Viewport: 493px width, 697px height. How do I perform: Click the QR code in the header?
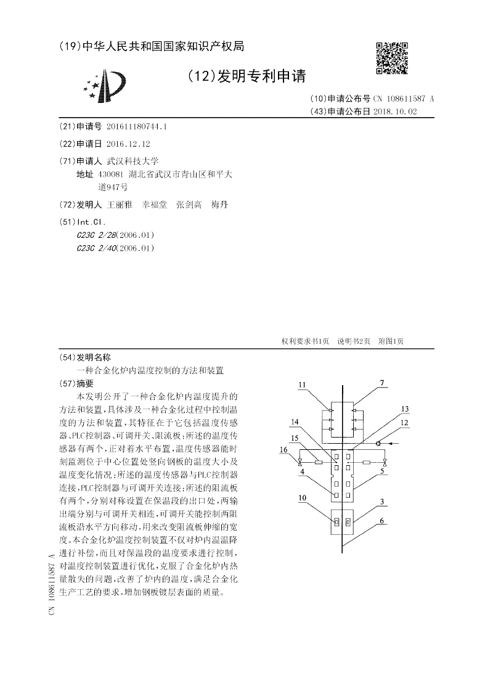click(x=391, y=58)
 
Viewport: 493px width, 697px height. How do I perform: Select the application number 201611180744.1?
click(x=137, y=126)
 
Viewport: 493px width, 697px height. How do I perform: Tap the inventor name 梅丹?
click(x=219, y=205)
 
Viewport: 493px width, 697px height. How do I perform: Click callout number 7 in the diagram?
click(x=382, y=383)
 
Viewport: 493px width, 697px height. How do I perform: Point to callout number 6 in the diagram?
click(x=382, y=521)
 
